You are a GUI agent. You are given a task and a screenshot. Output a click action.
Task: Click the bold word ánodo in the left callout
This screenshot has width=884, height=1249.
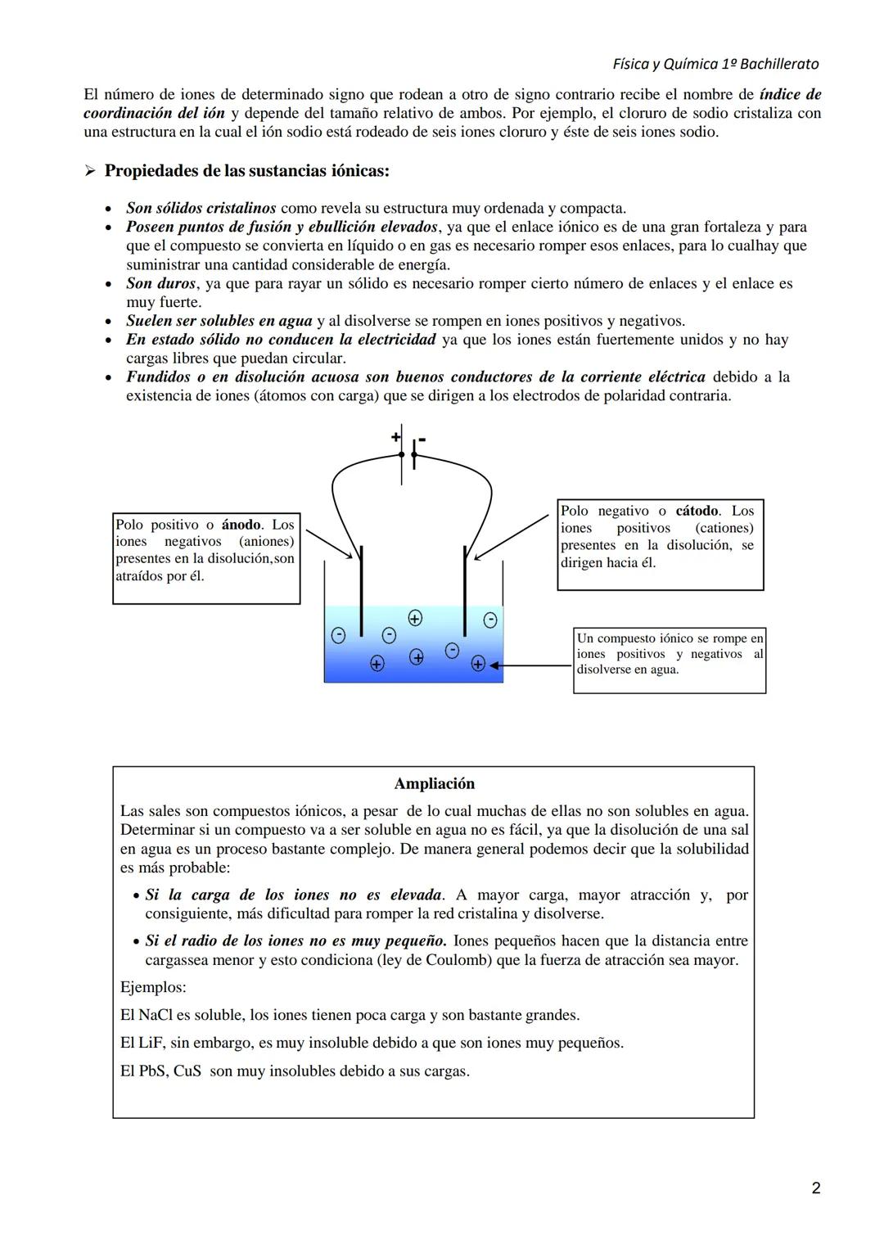(x=241, y=525)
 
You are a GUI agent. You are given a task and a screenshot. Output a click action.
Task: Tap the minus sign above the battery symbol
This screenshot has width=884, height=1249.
(x=422, y=440)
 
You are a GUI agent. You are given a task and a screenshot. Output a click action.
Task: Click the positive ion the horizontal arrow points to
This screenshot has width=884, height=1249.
(x=479, y=664)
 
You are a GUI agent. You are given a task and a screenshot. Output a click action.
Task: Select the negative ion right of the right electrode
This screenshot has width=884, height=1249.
(x=489, y=620)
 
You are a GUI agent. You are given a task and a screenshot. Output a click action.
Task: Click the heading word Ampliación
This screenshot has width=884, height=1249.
(x=434, y=783)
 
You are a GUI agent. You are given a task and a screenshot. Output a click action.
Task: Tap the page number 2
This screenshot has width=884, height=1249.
(x=815, y=1188)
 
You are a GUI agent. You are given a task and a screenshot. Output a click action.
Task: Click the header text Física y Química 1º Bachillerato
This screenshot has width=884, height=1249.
(x=715, y=64)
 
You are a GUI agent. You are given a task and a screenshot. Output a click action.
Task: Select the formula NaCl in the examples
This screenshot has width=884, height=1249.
(x=154, y=1015)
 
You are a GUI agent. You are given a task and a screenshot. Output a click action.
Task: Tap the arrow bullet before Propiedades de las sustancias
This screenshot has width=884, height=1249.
(x=90, y=171)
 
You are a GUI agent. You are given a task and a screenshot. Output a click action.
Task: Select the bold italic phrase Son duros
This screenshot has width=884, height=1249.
(x=160, y=283)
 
